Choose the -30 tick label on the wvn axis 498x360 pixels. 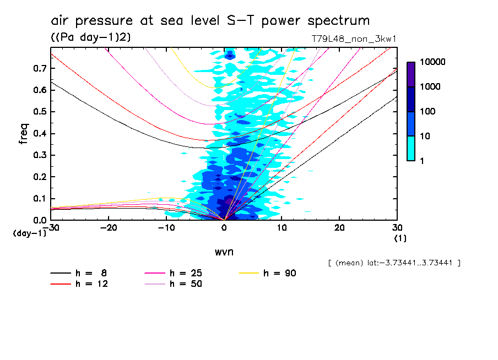(51, 227)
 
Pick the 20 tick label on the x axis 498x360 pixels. (339, 227)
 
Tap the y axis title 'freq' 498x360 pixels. (24, 134)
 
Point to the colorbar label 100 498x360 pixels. (427, 112)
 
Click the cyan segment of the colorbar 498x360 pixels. (411, 148)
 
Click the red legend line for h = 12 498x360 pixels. (61, 284)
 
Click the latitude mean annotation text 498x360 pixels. (393, 263)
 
